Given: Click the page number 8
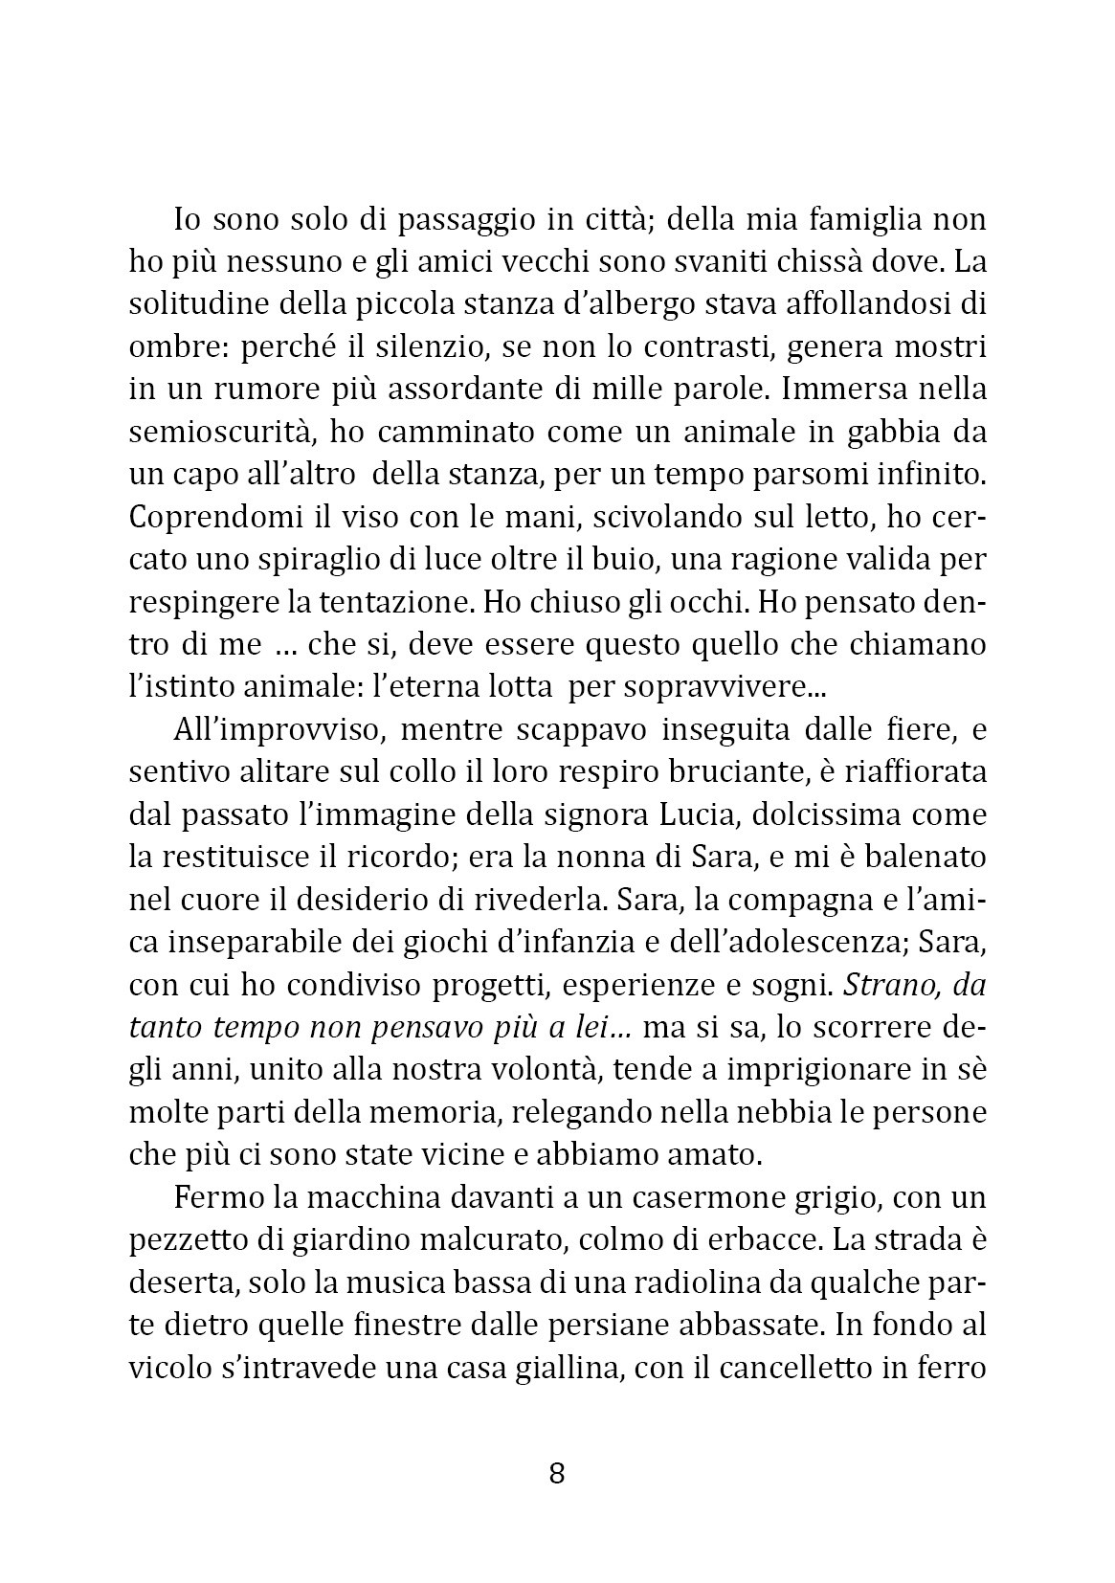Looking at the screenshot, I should pyautogui.click(x=557, y=1473).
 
